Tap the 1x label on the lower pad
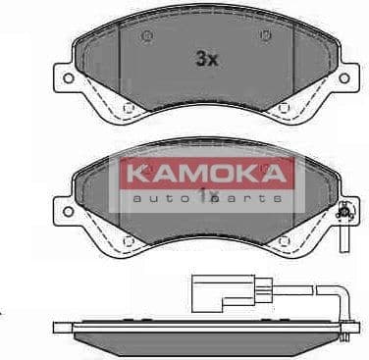pyautogui.click(x=206, y=196)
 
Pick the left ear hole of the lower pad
pyautogui.click(x=64, y=212)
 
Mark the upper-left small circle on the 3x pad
pyautogui.click(x=147, y=38)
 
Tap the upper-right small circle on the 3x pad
pyautogui.click(x=265, y=38)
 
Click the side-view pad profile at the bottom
pyautogui.click(x=196, y=336)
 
